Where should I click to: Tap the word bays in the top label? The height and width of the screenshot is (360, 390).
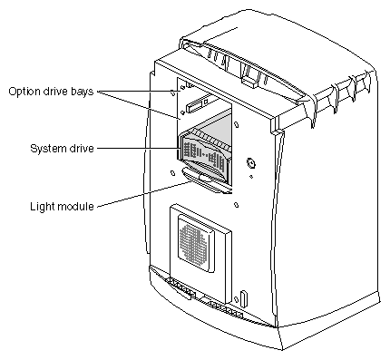point(83,92)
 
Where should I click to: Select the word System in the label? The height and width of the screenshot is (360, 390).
point(47,149)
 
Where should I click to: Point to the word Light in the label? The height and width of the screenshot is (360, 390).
point(42,207)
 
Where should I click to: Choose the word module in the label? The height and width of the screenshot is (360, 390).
point(75,207)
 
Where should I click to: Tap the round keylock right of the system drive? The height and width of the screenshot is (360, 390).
point(251,163)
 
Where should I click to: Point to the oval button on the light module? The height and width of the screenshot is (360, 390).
point(205,179)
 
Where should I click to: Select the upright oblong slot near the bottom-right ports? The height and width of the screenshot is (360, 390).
point(244,297)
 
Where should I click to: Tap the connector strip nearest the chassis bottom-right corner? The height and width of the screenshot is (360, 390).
point(224,308)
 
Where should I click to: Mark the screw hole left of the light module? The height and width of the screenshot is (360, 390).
point(172,173)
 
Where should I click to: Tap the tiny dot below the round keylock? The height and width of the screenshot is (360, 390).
point(251,177)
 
